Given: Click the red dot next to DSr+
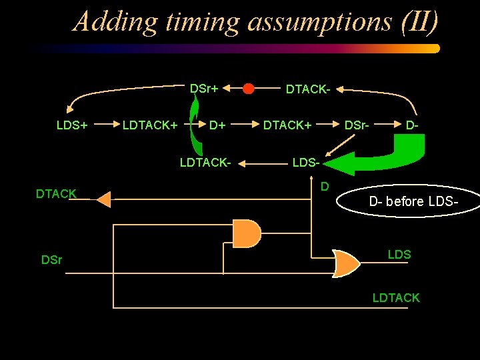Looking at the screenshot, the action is (x=248, y=89).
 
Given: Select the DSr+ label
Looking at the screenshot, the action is (x=204, y=88).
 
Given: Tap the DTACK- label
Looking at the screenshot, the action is (x=308, y=89).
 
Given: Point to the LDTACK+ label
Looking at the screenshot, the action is (x=149, y=125).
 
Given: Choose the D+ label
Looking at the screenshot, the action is (x=217, y=125).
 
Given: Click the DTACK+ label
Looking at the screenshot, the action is (x=287, y=125).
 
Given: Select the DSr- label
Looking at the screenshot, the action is (x=359, y=125).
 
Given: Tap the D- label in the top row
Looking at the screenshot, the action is (x=413, y=125).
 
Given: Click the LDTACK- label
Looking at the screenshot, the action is (x=205, y=162).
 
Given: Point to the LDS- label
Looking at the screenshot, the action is (x=307, y=162).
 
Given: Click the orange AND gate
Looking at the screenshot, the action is (x=247, y=233).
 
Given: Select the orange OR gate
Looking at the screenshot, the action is (x=347, y=263).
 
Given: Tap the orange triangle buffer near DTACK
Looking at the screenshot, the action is (x=103, y=199).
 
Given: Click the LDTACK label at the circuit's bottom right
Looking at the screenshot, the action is (x=396, y=298).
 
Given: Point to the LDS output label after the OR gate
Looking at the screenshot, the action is (x=399, y=255).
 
